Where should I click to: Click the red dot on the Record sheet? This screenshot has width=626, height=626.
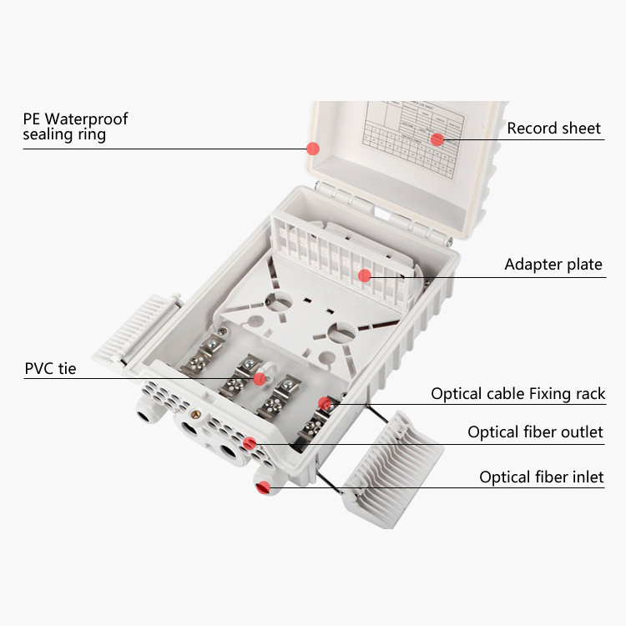(436, 139)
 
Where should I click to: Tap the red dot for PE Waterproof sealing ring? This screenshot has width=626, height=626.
(313, 149)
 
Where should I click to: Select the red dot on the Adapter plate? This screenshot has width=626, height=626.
(364, 275)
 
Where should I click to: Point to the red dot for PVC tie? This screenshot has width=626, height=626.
(260, 378)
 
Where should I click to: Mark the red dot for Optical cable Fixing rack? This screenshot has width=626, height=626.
(324, 405)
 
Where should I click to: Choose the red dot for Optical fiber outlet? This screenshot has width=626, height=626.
(250, 442)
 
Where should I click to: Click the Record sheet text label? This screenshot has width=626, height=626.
(553, 129)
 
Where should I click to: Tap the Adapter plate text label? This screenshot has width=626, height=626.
(553, 265)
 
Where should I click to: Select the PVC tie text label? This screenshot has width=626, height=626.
(50, 368)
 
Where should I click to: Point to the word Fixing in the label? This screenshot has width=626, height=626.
(539, 394)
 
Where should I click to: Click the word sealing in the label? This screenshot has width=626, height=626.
(47, 135)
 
